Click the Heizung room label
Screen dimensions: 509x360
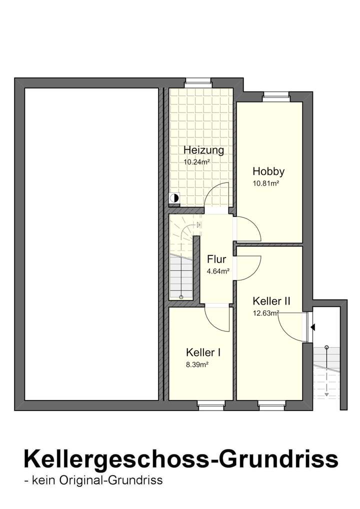pos(203,150)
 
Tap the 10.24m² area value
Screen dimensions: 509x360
pos(196,162)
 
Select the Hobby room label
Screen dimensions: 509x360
pos(268,171)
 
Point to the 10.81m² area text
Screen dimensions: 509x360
pos(265,183)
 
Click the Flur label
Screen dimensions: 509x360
pos(216,259)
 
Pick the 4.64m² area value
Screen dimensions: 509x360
pos(218,271)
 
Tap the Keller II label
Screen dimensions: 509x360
pos(271,301)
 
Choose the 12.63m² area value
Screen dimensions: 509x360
pos(265,313)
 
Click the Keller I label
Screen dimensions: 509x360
pos(203,352)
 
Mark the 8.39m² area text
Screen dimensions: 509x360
pos(197,365)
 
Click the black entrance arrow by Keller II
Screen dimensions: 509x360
pos(312,327)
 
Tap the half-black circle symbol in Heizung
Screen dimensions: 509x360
pos(174,198)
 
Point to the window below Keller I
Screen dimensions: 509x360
pos(211,407)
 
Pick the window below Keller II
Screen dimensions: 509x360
pos(271,407)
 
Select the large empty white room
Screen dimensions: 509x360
pos(91,244)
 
